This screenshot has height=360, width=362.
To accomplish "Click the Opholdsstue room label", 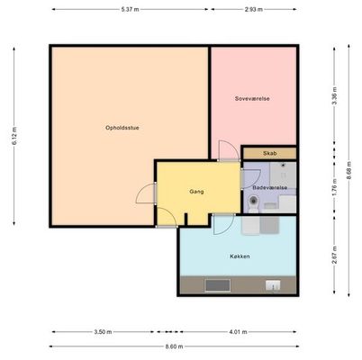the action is point(122,128).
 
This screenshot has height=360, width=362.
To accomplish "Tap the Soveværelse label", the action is point(252,98).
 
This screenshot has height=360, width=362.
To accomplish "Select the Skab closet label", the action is point(270,153).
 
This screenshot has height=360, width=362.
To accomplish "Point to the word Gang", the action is point(196,192).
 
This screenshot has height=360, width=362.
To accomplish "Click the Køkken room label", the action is point(240,256).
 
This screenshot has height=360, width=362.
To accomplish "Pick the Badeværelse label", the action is point(270,187).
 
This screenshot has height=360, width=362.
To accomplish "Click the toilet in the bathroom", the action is point(254,203).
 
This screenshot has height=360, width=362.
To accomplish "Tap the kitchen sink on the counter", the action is point(273,285).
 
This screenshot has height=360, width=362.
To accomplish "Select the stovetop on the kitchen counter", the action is point(218,285).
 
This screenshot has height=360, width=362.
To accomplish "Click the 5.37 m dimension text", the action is point(131,9).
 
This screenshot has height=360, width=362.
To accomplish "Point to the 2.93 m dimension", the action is point(254,9).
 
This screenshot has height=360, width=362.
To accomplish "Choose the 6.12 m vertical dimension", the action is point(14,136).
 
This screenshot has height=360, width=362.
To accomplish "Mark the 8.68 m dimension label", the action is point(348,170).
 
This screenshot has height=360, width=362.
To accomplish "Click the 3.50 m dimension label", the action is point(103,332).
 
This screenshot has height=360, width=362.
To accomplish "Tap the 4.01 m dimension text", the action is point(238,332).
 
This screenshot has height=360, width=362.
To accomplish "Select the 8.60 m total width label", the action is point(174,346).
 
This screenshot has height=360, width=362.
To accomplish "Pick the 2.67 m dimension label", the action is point(335,256).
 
